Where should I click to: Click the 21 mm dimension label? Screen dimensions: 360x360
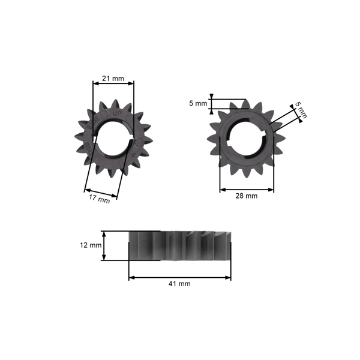(113, 79)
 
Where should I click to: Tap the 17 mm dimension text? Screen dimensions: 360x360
(100, 199)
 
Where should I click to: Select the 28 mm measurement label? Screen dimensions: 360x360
(246, 196)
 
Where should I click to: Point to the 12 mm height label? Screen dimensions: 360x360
(91, 245)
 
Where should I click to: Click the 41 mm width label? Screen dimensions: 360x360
(179, 284)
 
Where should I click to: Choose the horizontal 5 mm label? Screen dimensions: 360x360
(197, 103)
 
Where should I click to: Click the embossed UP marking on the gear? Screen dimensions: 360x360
(118, 113)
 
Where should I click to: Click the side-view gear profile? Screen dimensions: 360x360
(180, 245)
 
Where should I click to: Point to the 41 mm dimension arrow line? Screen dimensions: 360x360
(179, 277)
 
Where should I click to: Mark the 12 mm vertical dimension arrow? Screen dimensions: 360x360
(104, 245)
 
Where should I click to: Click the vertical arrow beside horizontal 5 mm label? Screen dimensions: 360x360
(212, 103)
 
